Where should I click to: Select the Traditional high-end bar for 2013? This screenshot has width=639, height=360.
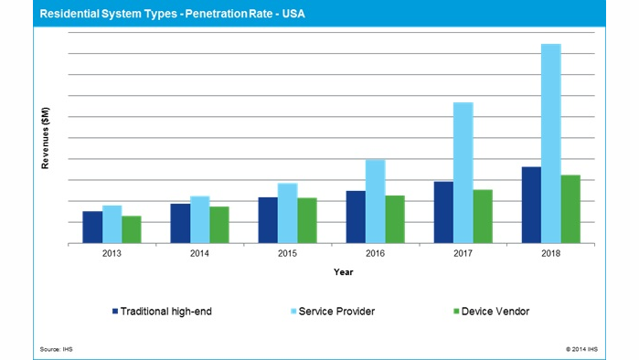pyautogui.click(x=92, y=228)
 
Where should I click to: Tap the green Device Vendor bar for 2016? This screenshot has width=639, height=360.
pyautogui.click(x=394, y=219)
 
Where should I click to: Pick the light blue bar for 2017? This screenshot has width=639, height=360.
pyautogui.click(x=463, y=173)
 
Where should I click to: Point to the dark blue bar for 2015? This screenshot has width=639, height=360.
pyautogui.click(x=268, y=220)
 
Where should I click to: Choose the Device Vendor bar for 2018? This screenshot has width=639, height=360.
pyautogui.click(x=570, y=209)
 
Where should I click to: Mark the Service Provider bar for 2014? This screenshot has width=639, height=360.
pyautogui.click(x=199, y=219)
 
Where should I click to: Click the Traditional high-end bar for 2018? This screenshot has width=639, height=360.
pyautogui.click(x=530, y=205)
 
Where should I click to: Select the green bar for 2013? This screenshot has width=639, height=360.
pyautogui.click(x=132, y=229)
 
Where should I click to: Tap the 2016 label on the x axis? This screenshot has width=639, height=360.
pyautogui.click(x=375, y=254)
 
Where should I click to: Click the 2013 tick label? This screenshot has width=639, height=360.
pyautogui.click(x=112, y=254)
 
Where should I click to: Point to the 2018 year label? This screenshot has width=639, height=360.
pyautogui.click(x=550, y=254)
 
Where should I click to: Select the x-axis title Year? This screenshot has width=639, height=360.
pyautogui.click(x=343, y=272)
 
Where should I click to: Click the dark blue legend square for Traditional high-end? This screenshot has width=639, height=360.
pyautogui.click(x=116, y=312)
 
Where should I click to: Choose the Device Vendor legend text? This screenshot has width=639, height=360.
pyautogui.click(x=495, y=312)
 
